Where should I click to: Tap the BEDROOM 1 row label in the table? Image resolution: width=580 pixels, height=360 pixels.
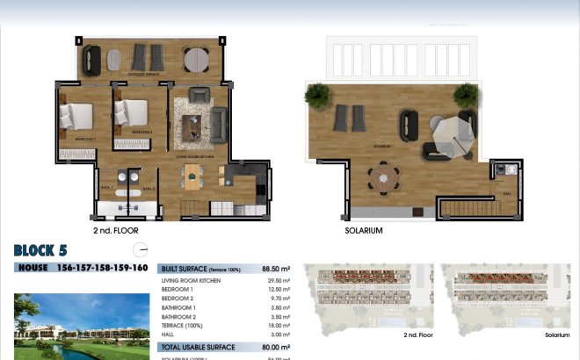coord(180,289)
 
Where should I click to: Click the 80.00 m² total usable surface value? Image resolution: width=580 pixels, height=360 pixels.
coord(277,348)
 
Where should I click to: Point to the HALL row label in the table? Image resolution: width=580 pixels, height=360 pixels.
coord(171,335)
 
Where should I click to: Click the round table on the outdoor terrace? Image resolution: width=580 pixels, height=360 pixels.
coord(196,60)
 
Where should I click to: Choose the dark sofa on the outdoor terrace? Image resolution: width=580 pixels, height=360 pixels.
coord(91,60)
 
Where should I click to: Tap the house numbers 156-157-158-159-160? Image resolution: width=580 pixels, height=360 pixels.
coord(101,268)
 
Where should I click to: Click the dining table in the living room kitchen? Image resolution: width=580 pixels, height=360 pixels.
coord(191,176)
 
